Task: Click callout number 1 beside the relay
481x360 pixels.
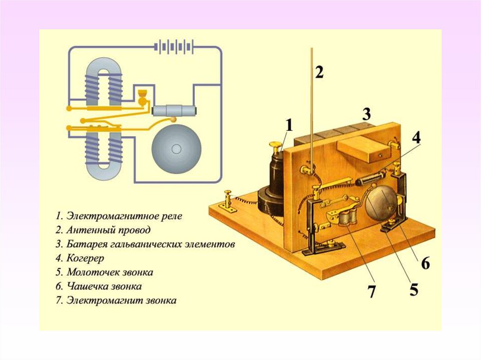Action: point(289,126)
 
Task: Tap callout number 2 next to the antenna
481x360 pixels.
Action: point(319,72)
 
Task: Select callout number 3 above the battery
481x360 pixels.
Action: point(366,114)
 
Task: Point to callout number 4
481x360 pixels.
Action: point(416,138)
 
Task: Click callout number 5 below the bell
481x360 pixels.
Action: point(413,290)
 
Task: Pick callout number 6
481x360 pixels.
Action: point(425,263)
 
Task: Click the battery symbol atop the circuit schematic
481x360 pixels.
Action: point(174,47)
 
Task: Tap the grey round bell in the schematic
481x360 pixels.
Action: point(176,149)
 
